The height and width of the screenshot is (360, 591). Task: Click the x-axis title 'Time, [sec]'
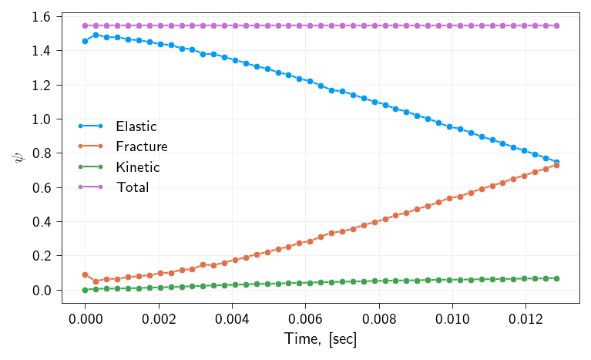(320, 338)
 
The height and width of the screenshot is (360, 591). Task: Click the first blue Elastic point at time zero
(86, 41)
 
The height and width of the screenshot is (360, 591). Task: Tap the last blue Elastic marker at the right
(556, 162)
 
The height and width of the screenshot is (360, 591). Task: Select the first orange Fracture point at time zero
(86, 274)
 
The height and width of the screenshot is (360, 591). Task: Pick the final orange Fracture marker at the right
(556, 165)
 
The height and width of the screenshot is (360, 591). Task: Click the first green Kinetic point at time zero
(86, 290)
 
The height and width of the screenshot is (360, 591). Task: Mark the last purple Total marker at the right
(556, 25)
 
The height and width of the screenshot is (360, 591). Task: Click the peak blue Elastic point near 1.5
(96, 35)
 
